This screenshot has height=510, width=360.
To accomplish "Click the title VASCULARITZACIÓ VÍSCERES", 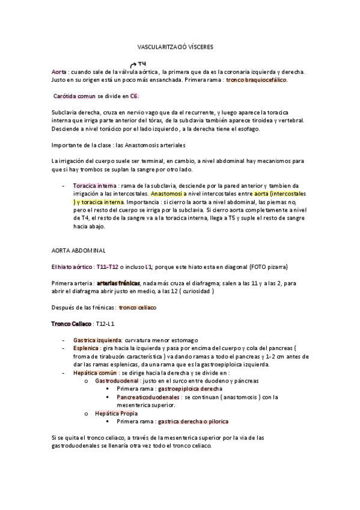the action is (180, 46).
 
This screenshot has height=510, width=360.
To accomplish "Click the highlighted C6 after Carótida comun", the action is (135, 96).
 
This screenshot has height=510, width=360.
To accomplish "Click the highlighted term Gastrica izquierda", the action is (97, 340).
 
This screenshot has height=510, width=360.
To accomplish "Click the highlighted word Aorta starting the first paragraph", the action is (59, 72).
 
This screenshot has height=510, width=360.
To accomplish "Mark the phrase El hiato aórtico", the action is (70, 266).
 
